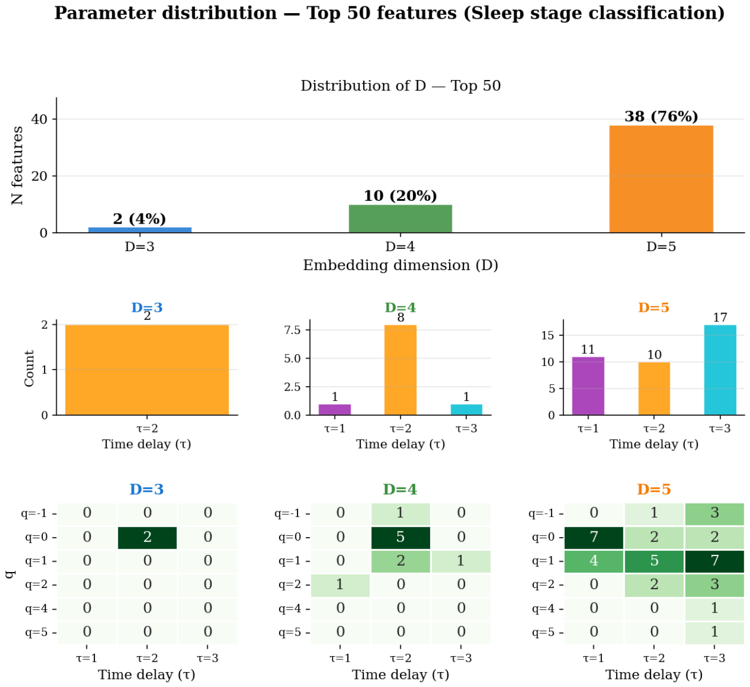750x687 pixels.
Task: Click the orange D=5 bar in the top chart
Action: click(661, 179)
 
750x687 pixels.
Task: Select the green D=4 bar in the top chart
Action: click(400, 219)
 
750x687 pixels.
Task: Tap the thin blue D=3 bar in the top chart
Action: click(140, 229)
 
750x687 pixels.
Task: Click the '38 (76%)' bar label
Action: click(661, 116)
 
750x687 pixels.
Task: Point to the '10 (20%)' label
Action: click(400, 196)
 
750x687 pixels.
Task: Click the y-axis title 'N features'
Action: click(17, 165)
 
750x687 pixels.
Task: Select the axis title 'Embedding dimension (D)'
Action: click(400, 265)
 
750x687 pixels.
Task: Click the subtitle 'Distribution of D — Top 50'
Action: click(400, 86)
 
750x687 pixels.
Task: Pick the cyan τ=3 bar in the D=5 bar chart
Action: click(720, 370)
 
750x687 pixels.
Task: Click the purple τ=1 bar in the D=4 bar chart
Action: click(335, 410)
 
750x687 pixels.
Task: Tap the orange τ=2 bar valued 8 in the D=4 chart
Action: click(400, 370)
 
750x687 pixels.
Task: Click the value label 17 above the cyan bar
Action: click(720, 317)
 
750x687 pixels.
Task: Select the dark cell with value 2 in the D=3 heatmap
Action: click(147, 537)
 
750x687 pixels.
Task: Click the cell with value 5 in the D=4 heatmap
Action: click(400, 537)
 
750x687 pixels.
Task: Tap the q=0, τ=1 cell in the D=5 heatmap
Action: click(594, 537)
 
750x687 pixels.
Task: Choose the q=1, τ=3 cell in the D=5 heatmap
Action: click(715, 561)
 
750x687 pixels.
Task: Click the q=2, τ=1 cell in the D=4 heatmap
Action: click(340, 585)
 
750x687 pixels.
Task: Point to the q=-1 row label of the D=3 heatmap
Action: click(34, 514)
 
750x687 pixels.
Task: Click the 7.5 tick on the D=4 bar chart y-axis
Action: click(292, 330)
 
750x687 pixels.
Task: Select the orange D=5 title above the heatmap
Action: click(654, 489)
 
